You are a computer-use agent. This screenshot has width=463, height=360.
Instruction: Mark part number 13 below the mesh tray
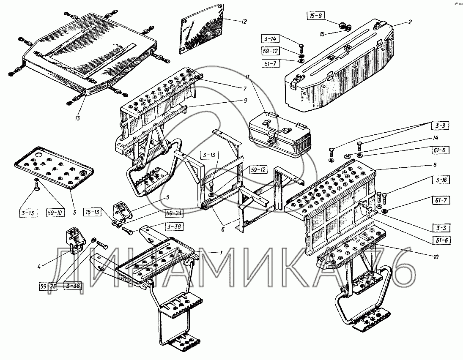click(77, 119)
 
